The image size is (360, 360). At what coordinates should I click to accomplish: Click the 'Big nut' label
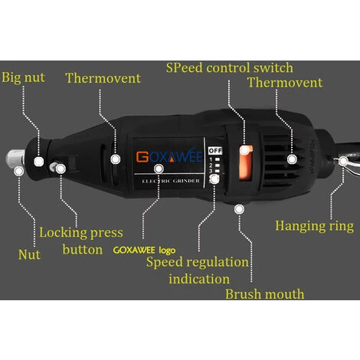pyautogui.click(x=23, y=77)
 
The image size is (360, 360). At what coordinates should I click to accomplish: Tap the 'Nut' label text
pyautogui.click(x=29, y=254)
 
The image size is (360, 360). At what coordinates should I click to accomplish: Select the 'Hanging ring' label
pyautogui.click(x=315, y=226)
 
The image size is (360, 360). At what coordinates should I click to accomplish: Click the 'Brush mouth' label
pyautogui.click(x=265, y=294)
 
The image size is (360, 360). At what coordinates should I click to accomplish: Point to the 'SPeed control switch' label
pyautogui.click(x=230, y=68)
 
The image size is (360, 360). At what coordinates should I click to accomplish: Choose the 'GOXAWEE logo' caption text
pyautogui.click(x=144, y=250)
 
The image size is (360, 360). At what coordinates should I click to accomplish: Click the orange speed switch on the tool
pyautogui.click(x=246, y=163)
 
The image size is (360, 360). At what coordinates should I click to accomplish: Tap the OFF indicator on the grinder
pyautogui.click(x=215, y=151)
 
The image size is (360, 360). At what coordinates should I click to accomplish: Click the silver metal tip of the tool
pyautogui.click(x=15, y=159)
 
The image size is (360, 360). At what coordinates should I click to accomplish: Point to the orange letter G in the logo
pyautogui.click(x=142, y=157)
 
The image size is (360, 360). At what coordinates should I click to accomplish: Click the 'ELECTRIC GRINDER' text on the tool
pyautogui.click(x=171, y=181)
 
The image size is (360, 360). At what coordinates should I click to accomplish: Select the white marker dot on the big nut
pyautogui.click(x=39, y=162)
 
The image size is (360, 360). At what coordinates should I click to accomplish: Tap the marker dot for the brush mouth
pyautogui.click(x=239, y=209)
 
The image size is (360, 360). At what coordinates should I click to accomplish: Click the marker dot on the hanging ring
pyautogui.click(x=343, y=161)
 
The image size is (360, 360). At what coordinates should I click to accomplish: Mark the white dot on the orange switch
pyautogui.click(x=244, y=150)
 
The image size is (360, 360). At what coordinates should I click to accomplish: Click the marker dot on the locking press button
pyautogui.click(x=61, y=169)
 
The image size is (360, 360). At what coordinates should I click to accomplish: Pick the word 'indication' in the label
pyautogui.click(x=199, y=279)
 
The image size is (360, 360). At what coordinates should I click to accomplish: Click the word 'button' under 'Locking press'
pyautogui.click(x=83, y=250)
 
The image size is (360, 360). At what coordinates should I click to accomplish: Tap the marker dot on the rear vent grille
pyautogui.click(x=292, y=159)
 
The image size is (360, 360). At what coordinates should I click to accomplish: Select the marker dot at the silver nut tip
pyautogui.click(x=18, y=171)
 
